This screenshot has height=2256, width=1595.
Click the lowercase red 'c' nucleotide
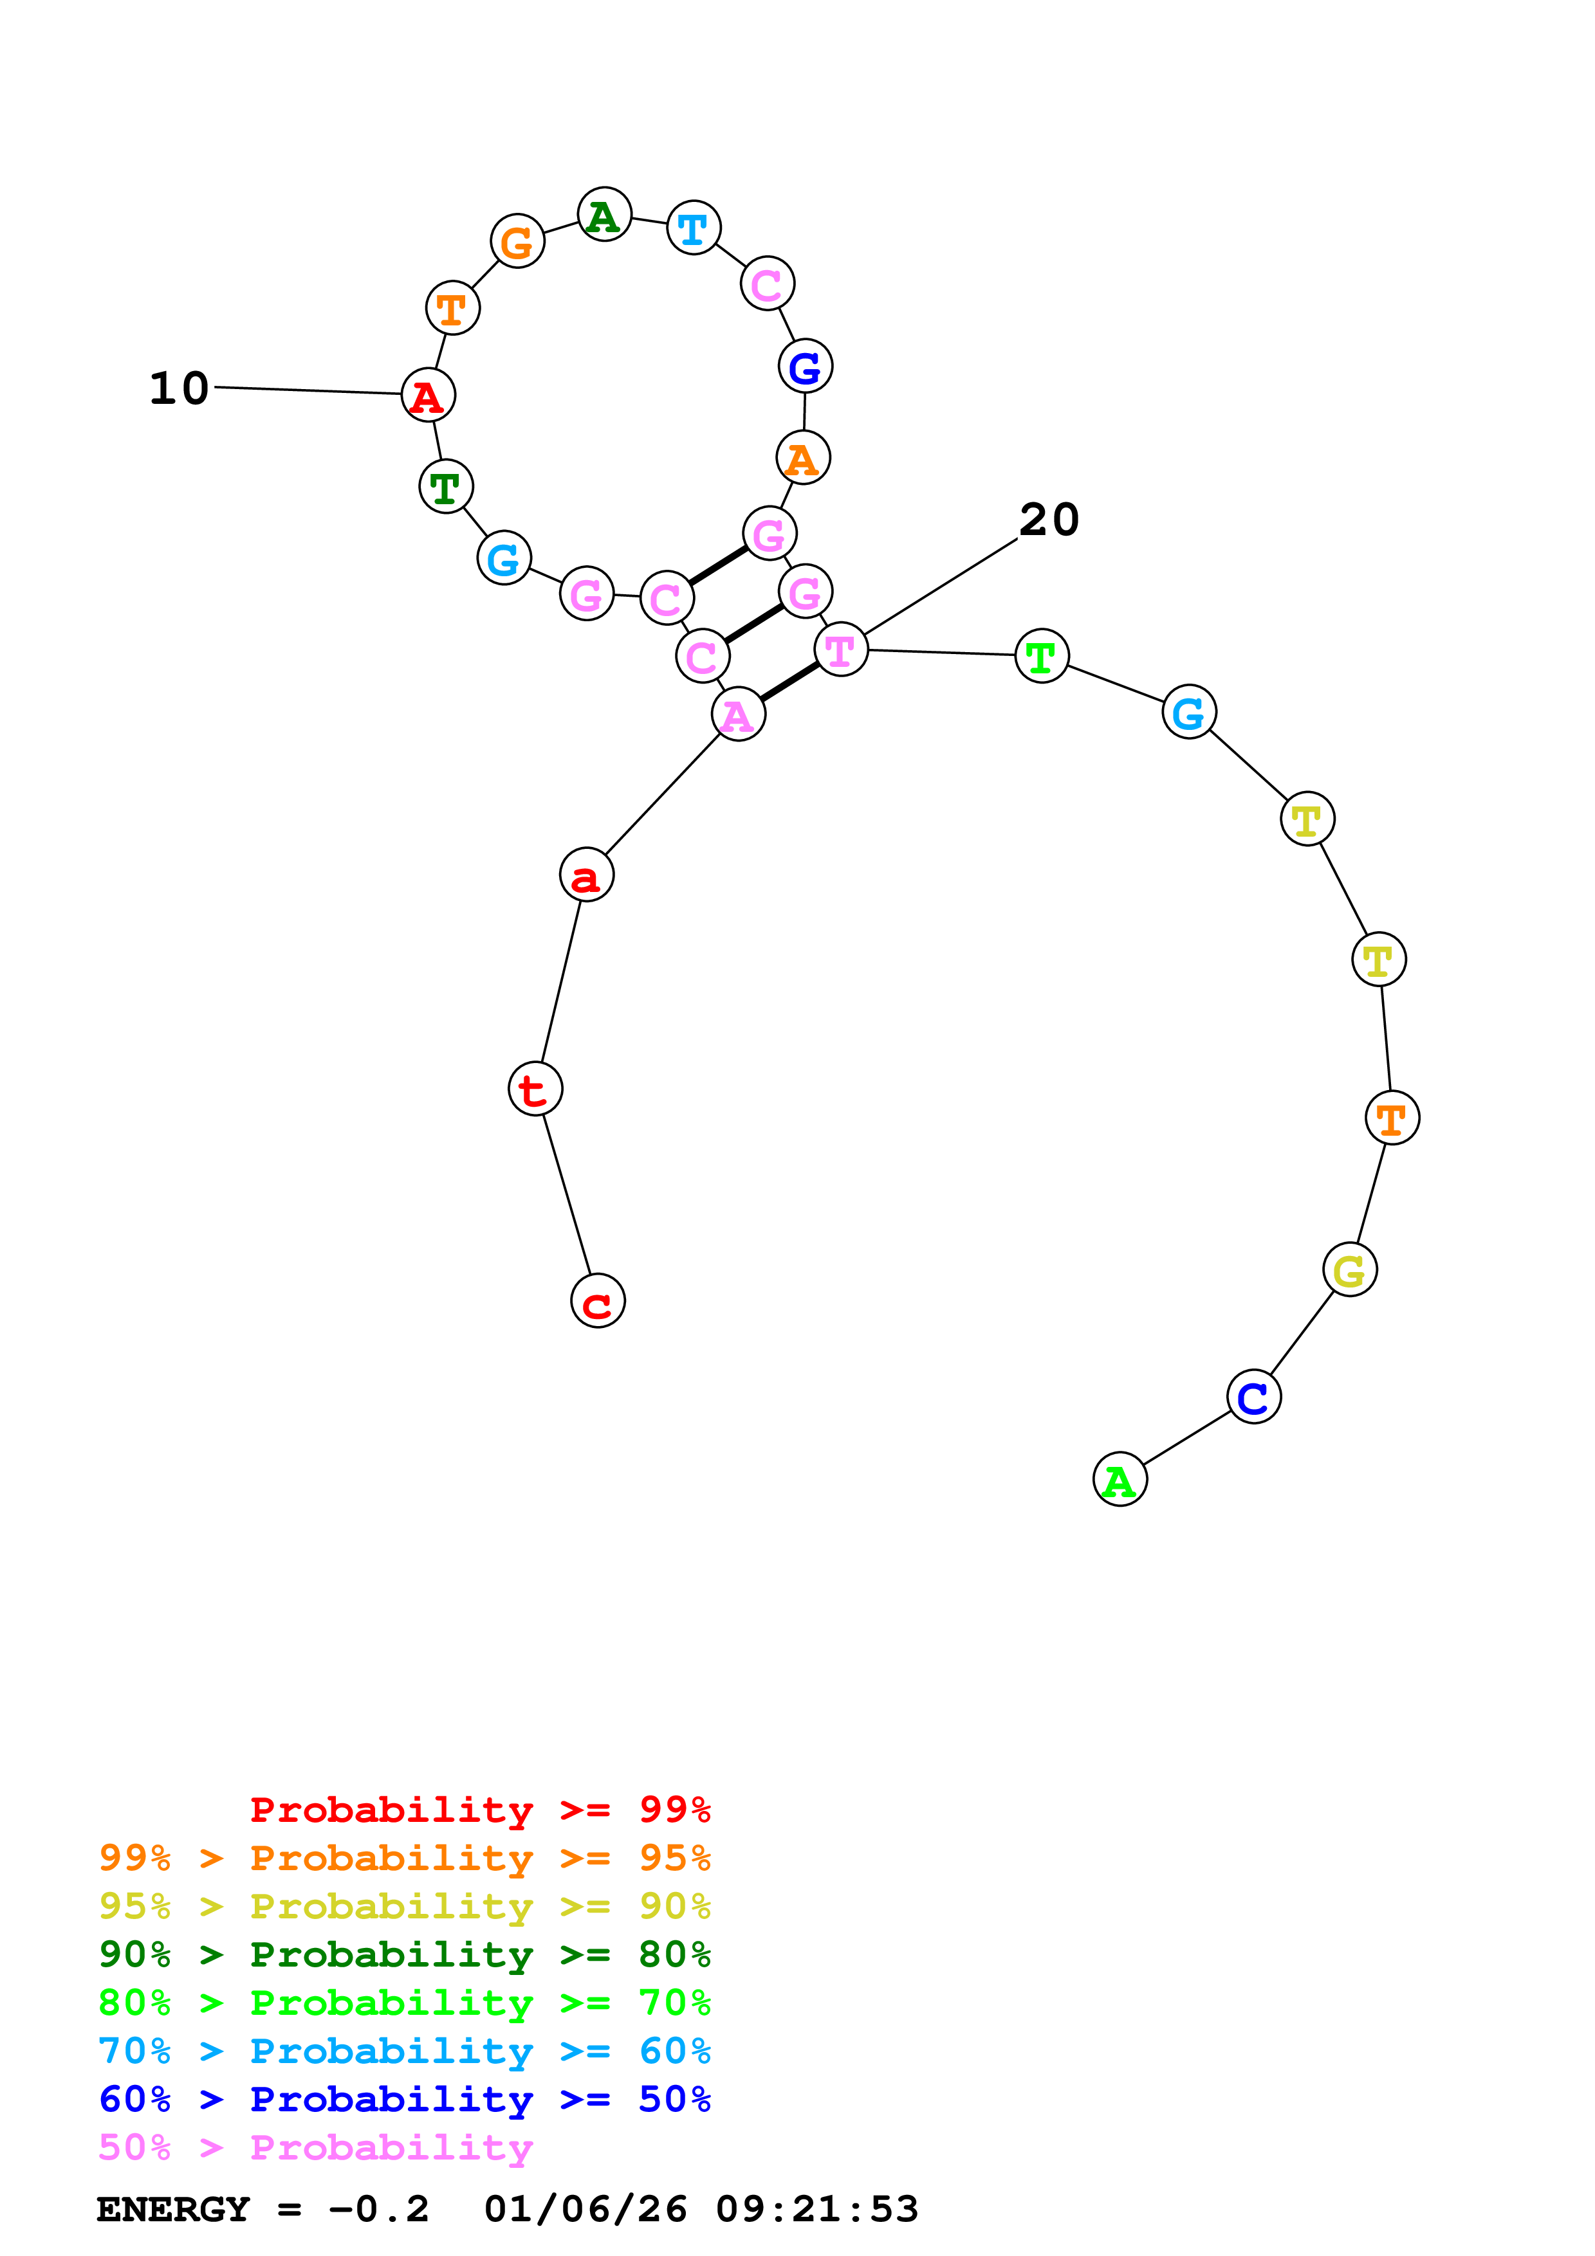click(x=598, y=1301)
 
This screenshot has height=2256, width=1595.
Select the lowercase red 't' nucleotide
click(x=535, y=1089)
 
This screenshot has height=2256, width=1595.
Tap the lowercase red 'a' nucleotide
click(x=587, y=875)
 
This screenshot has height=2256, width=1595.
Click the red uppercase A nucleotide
click(x=429, y=395)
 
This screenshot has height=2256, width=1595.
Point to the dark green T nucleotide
click(x=446, y=486)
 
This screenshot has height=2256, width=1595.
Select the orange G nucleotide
click(x=517, y=241)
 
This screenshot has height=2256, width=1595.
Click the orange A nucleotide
click(x=803, y=458)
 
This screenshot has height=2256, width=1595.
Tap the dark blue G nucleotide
click(x=805, y=367)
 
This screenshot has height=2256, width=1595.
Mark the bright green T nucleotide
click(x=1042, y=655)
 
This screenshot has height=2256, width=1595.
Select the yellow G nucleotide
click(x=1349, y=1269)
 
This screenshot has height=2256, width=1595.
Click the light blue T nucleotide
click(x=694, y=228)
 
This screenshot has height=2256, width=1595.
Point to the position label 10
click(x=179, y=388)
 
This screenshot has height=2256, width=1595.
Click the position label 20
click(x=1049, y=519)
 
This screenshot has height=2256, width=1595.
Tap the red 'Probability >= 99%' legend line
click(x=479, y=1809)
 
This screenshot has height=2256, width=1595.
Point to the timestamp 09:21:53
click(x=816, y=2210)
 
